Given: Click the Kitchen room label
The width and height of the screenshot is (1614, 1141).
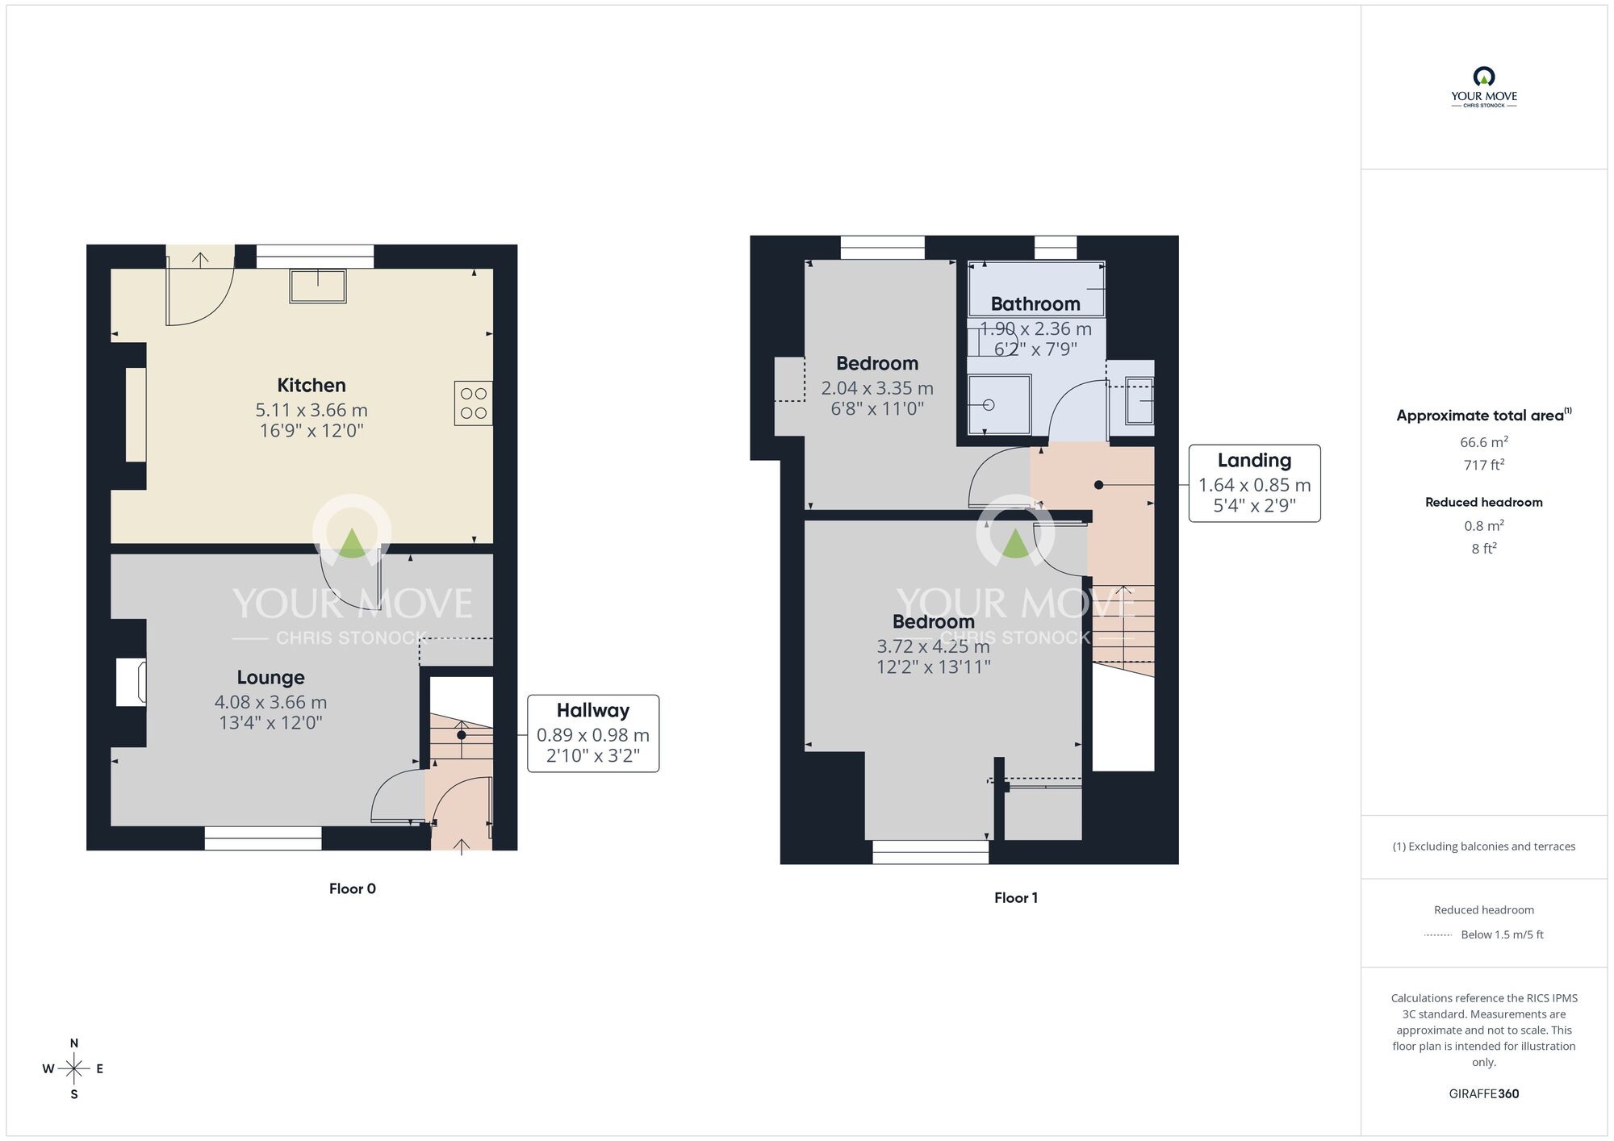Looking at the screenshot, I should click(312, 386).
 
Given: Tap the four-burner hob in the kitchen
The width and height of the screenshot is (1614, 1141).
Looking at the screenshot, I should click(473, 403).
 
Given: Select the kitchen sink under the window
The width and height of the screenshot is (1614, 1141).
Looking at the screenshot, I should click(318, 286).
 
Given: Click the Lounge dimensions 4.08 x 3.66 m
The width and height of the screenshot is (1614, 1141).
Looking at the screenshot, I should click(270, 702).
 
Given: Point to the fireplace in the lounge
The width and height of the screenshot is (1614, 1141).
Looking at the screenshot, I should click(131, 683).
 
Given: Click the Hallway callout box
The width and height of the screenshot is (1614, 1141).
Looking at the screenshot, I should click(593, 733).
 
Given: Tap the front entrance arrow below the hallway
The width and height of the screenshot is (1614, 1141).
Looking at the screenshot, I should click(462, 846).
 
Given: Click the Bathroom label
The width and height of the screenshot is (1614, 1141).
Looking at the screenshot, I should click(1035, 304).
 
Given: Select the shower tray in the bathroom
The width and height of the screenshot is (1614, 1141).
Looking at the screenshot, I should click(999, 404).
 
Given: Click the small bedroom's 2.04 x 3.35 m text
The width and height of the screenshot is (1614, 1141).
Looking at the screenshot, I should click(877, 388).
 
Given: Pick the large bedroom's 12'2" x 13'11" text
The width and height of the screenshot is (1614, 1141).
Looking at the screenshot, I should click(934, 667).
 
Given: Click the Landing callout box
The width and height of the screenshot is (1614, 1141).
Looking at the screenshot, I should click(1254, 483).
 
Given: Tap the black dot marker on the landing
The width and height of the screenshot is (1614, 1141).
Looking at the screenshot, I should click(1098, 485).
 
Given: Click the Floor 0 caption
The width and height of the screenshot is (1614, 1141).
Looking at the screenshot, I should click(353, 888).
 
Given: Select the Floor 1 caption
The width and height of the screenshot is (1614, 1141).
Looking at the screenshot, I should click(1015, 897).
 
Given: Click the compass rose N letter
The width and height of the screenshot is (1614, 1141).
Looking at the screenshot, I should click(74, 1043).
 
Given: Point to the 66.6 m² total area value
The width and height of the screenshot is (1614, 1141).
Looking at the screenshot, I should click(1483, 442).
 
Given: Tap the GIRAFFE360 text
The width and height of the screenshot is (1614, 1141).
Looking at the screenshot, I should click(1483, 1094).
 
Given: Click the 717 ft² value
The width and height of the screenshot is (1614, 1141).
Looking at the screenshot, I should click(1483, 465).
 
